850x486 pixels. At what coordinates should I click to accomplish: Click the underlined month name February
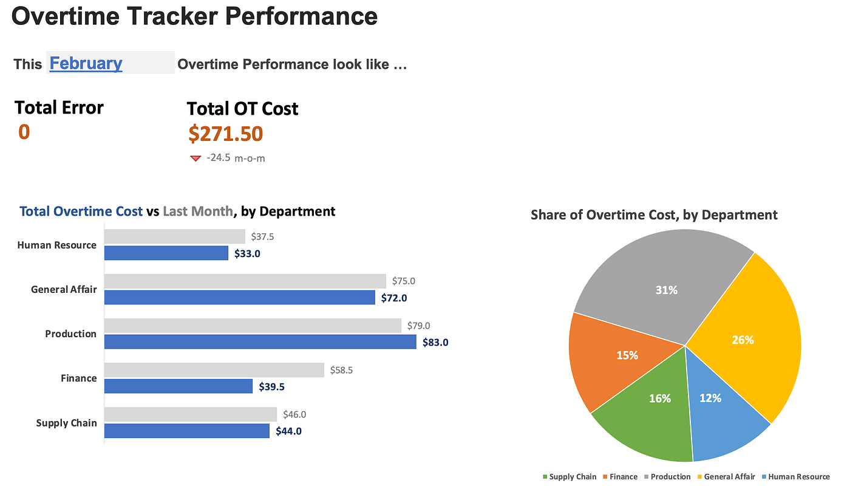(x=86, y=63)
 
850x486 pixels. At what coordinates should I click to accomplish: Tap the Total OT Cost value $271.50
(x=226, y=134)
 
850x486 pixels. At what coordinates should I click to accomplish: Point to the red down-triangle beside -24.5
(x=195, y=159)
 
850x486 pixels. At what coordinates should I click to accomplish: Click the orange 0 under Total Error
(x=24, y=132)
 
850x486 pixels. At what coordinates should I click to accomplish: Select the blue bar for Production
(x=260, y=341)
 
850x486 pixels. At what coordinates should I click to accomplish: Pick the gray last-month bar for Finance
(x=214, y=370)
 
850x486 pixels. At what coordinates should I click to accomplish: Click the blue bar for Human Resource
(x=166, y=253)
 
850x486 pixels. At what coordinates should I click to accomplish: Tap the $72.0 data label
(x=394, y=298)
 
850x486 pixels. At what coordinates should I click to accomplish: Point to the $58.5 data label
(x=341, y=370)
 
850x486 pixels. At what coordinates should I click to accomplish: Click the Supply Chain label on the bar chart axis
(x=66, y=423)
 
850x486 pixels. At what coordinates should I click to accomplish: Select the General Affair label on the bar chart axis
(x=64, y=290)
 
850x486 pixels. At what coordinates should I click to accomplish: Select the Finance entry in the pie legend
(x=620, y=476)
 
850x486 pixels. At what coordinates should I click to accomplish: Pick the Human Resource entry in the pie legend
(x=796, y=476)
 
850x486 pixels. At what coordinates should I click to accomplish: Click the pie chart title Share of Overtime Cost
(x=654, y=215)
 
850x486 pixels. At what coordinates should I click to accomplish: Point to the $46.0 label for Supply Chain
(x=294, y=414)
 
